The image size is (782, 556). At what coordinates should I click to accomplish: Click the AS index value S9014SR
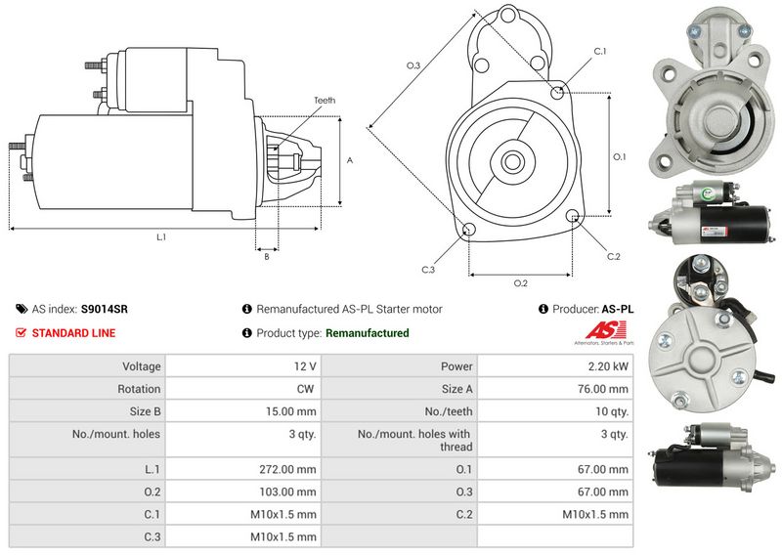pos(104,309)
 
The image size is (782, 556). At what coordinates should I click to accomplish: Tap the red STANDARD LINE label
pos(73,333)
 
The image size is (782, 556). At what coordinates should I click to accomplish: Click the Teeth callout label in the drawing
pos(325,101)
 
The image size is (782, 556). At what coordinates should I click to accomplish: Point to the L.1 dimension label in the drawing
pos(161,236)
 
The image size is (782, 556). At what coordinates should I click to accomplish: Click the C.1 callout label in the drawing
pos(599,51)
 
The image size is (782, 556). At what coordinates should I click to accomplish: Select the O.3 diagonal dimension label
pos(413,65)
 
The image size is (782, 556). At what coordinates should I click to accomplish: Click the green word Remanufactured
pos(367,333)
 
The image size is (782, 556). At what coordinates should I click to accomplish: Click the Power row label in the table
pos(456,366)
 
